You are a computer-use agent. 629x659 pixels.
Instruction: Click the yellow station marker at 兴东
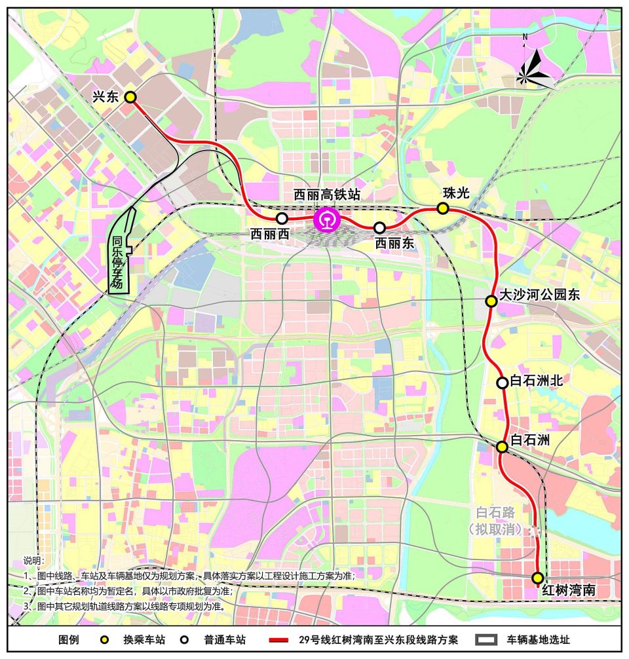click(130, 97)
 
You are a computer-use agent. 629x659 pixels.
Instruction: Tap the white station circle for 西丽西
click(282, 218)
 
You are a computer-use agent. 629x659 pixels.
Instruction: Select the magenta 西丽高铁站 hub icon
click(326, 219)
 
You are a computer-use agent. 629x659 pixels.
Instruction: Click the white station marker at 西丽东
click(379, 228)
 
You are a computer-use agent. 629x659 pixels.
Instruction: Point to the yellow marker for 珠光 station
click(443, 208)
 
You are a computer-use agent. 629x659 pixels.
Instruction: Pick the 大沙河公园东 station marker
click(491, 301)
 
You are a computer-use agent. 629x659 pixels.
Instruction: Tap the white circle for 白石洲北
click(502, 383)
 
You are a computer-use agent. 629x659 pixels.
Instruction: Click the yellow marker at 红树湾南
click(537, 578)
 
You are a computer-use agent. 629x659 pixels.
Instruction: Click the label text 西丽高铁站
click(326, 195)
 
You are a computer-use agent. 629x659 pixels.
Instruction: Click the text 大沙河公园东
click(540, 295)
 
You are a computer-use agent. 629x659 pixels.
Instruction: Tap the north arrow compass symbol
click(534, 69)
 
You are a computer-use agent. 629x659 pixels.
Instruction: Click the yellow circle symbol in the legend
click(104, 640)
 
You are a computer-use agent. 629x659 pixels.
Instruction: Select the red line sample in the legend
click(278, 640)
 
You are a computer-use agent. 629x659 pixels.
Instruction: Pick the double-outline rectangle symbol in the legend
click(486, 640)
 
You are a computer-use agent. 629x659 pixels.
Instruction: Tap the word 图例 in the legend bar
click(69, 640)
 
